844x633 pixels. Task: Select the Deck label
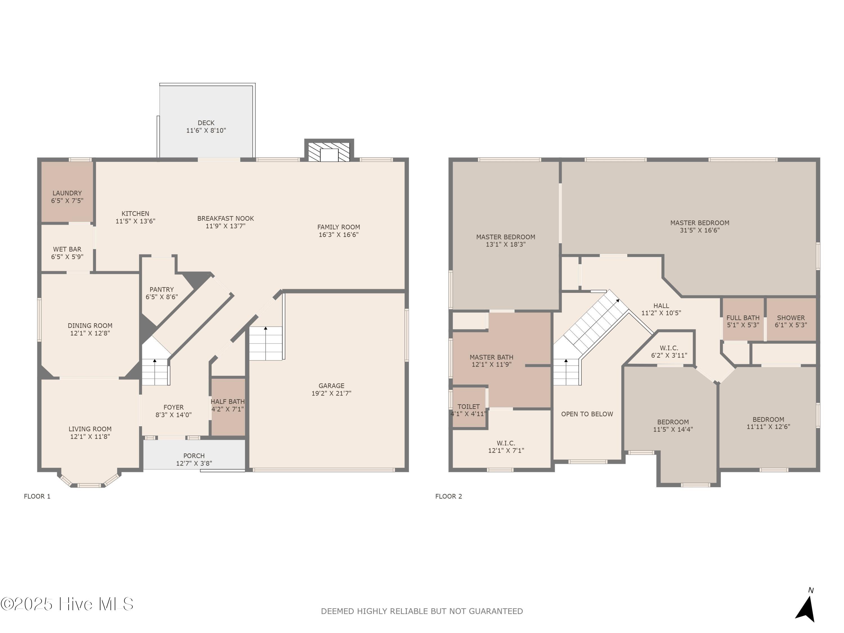[206, 127]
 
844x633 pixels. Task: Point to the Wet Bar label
[67, 253]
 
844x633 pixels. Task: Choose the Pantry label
[161, 293]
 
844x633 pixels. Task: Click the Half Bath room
[228, 407]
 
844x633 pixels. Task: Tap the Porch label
[194, 459]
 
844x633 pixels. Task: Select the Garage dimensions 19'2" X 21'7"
[331, 393]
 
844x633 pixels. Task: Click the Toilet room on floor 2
[469, 407]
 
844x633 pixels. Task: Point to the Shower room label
[791, 321]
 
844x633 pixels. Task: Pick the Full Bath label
[743, 321]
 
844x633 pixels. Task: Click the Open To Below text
[587, 414]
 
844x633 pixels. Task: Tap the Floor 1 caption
[37, 496]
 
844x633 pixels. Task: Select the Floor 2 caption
[448, 496]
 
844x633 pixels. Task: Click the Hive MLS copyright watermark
[67, 604]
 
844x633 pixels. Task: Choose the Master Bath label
[491, 361]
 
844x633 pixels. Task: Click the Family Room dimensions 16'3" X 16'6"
[338, 235]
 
